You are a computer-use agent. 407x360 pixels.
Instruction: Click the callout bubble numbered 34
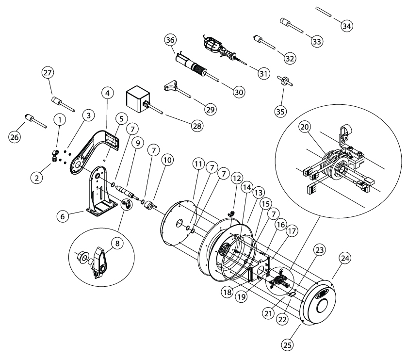pyautogui.click(x=346, y=26)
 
